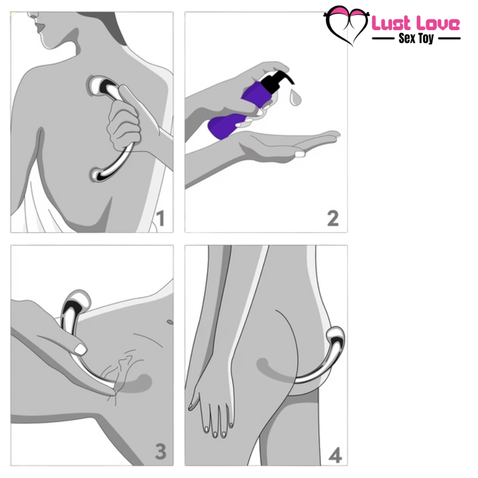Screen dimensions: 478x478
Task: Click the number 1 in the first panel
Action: [160, 218]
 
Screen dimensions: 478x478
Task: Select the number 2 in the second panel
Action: [332, 218]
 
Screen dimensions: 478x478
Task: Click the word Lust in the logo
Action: [391, 23]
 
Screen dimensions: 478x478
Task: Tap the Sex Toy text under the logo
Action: [416, 38]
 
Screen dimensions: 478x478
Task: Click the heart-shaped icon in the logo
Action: [346, 25]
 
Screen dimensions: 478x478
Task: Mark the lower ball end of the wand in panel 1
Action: [99, 175]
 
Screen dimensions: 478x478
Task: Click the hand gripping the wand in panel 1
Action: [124, 124]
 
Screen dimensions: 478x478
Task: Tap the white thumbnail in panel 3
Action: [81, 349]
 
